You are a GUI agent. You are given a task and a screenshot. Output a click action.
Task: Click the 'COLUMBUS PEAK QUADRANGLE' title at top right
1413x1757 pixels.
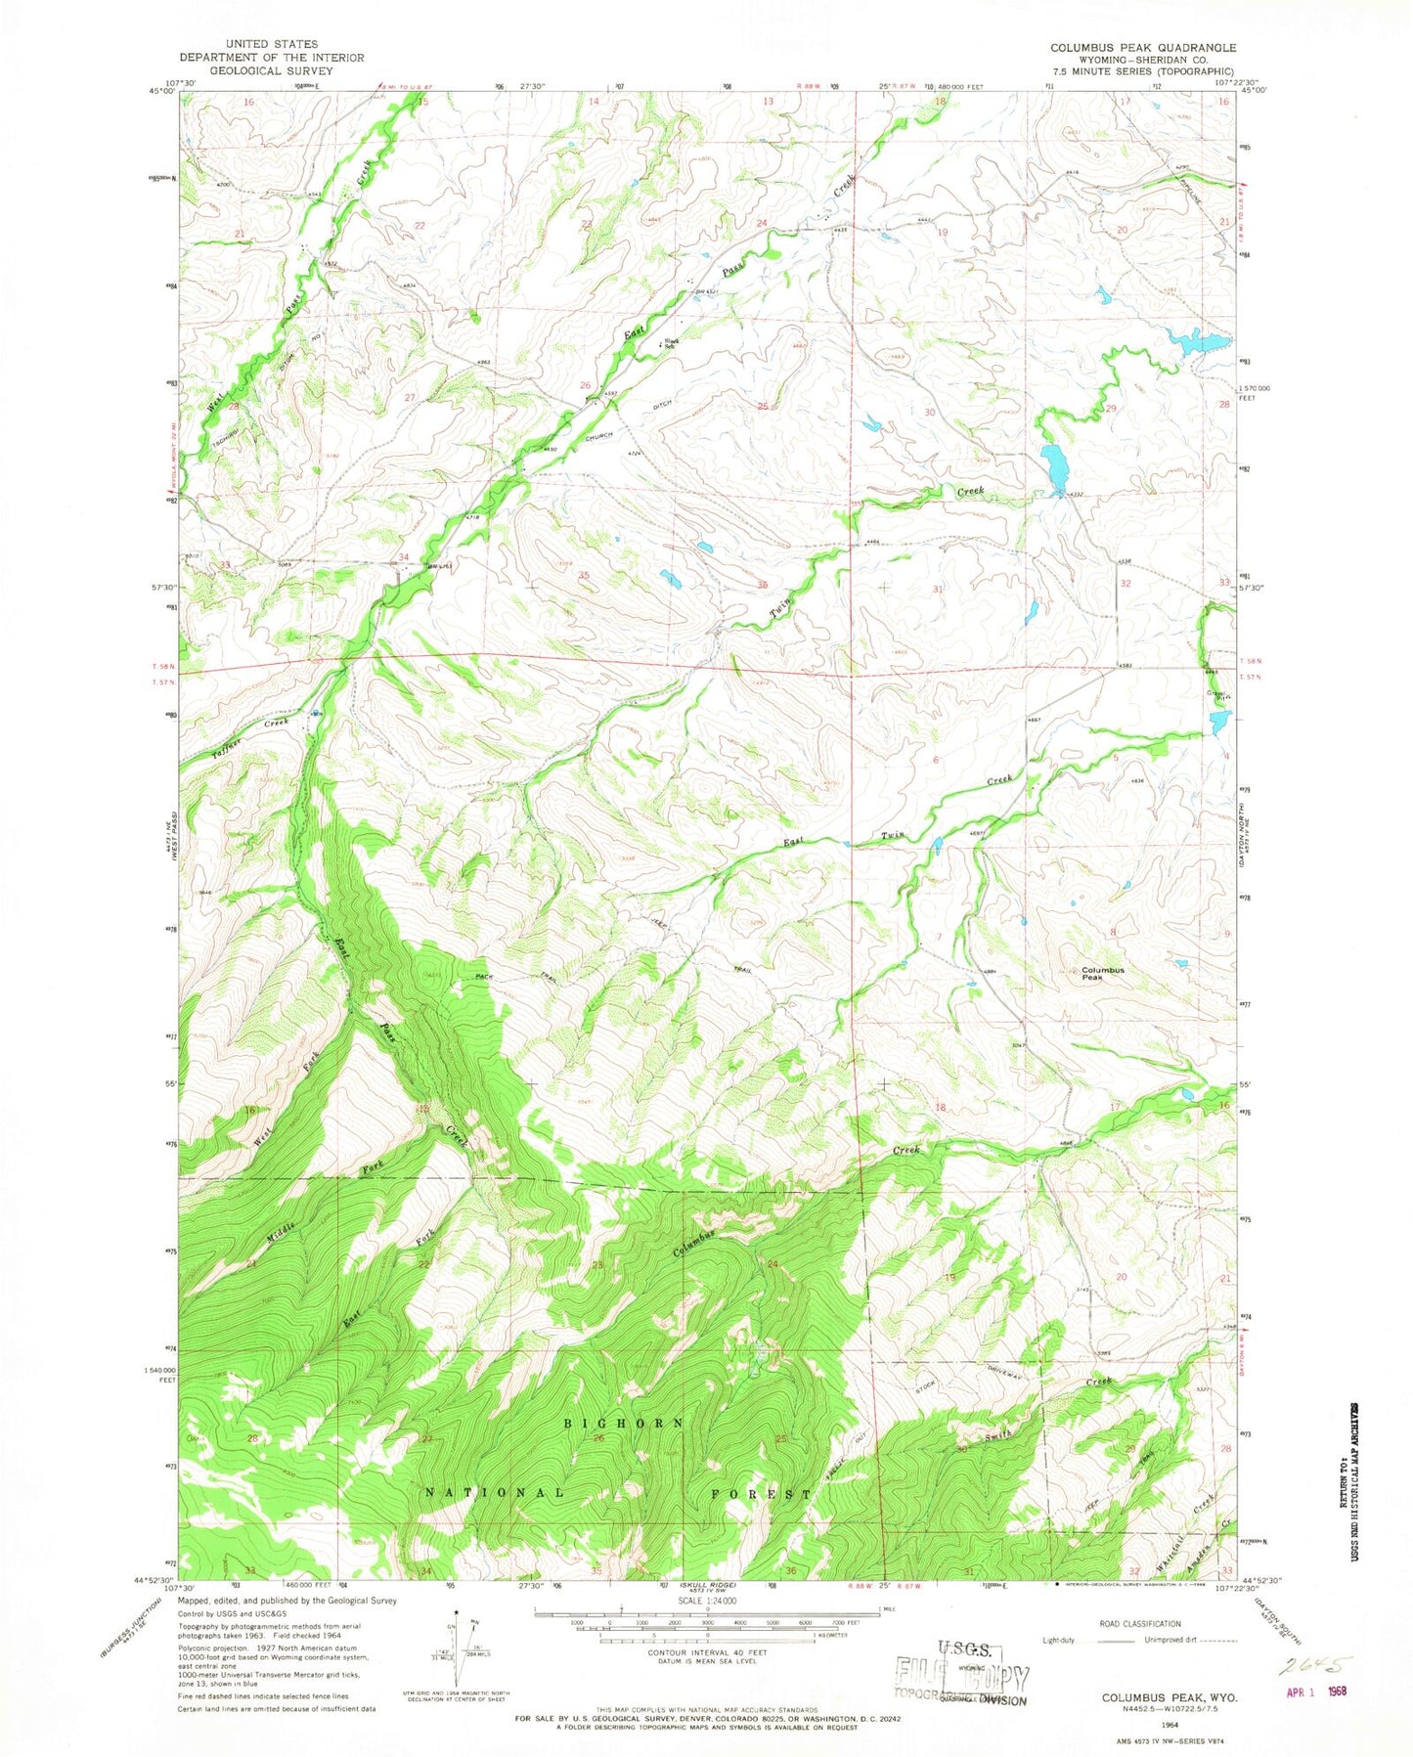(x=1142, y=47)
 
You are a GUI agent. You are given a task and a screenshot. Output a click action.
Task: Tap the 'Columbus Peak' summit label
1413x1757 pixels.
(x=1102, y=973)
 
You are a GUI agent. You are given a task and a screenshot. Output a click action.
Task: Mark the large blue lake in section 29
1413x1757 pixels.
(x=1053, y=467)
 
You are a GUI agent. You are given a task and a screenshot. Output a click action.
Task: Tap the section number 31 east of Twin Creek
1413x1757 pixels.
(x=938, y=590)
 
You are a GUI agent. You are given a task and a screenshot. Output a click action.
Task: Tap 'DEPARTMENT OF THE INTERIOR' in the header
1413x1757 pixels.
(x=271, y=58)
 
